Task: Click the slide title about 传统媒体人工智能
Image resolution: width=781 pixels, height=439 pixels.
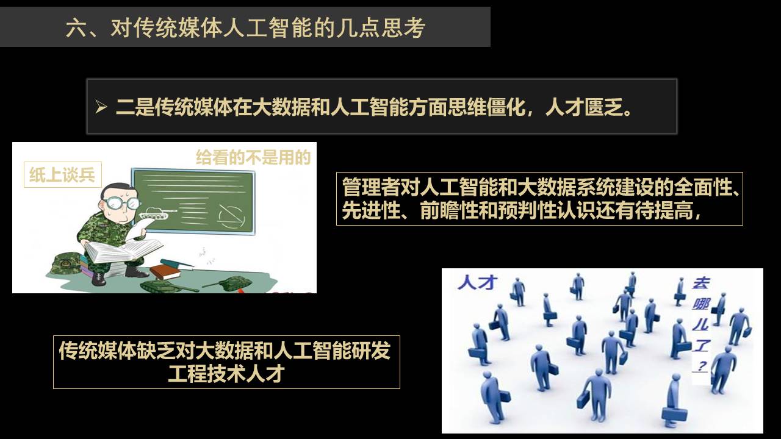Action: tap(245, 27)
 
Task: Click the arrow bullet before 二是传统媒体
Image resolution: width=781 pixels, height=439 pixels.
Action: tap(101, 107)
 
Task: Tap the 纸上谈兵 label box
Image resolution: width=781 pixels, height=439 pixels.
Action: tap(63, 174)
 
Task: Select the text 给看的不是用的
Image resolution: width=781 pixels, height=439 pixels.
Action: tap(253, 157)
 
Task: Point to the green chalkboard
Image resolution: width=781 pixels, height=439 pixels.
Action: tap(193, 201)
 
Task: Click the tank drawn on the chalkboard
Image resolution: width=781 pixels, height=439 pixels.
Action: tap(158, 213)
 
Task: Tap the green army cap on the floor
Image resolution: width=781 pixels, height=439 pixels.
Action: tap(65, 264)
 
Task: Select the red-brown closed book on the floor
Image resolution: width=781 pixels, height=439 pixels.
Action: tap(165, 271)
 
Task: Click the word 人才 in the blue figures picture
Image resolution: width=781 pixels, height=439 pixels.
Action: tap(477, 282)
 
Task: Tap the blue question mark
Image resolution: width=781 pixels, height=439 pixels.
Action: tap(701, 366)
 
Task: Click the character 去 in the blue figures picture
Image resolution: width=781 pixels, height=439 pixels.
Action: tap(700, 284)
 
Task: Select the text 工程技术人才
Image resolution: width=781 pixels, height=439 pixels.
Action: tap(226, 374)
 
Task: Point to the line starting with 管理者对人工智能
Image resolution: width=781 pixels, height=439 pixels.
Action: tap(541, 187)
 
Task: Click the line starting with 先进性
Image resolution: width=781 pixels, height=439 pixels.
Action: tap(521, 210)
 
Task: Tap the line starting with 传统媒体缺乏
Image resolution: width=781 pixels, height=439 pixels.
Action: tap(225, 350)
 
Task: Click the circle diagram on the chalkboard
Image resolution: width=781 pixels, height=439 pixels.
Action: tap(231, 216)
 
